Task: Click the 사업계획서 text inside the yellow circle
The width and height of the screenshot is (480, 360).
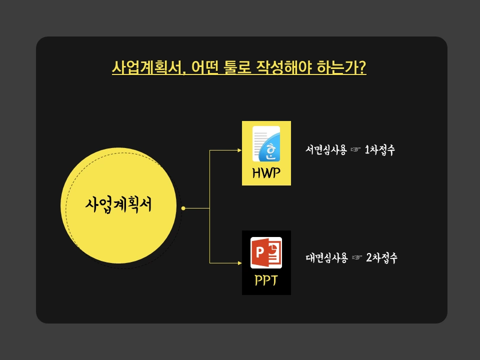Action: tap(118, 204)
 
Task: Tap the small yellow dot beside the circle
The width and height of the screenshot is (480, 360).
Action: tap(183, 208)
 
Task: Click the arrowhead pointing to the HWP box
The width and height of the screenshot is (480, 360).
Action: tap(239, 150)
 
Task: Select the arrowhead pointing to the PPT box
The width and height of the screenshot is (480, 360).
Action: tap(239, 262)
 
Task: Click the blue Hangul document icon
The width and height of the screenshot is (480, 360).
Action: tap(266, 144)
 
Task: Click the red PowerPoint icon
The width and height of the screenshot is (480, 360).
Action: tap(266, 253)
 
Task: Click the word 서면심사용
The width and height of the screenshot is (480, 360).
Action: tap(326, 150)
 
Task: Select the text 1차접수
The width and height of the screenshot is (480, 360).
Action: tap(379, 150)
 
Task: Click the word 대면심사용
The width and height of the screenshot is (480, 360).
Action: tap(326, 258)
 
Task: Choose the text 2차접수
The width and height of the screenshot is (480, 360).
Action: tap(381, 258)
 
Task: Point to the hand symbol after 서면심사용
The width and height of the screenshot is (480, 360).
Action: tap(355, 150)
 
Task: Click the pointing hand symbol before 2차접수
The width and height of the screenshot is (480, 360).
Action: tap(357, 258)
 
